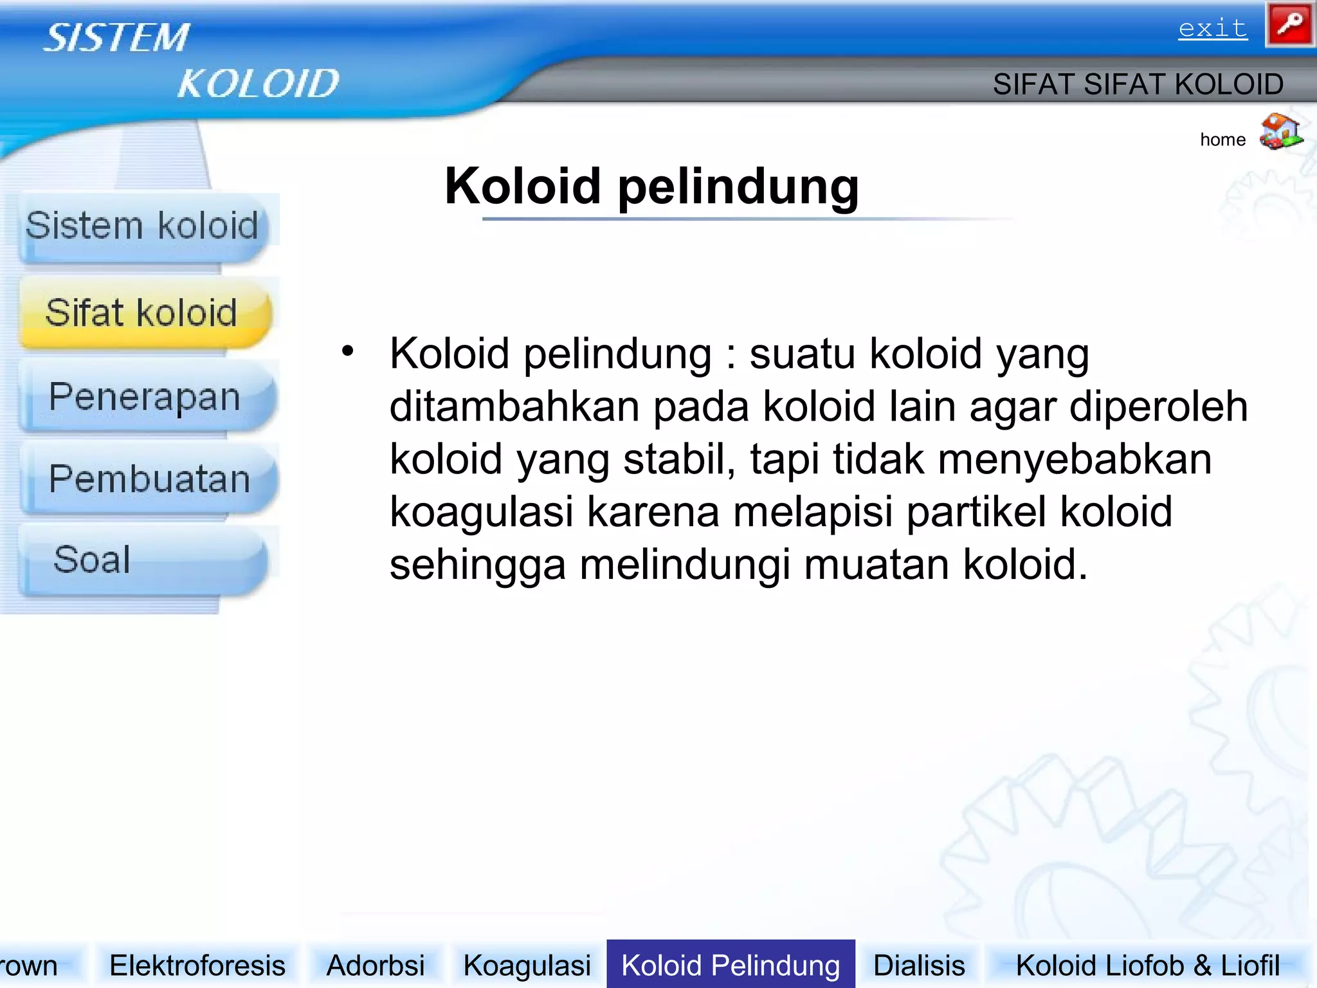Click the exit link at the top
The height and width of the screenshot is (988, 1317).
click(1212, 29)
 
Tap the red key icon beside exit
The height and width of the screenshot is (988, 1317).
click(1289, 24)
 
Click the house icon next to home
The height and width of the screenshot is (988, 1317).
click(1280, 132)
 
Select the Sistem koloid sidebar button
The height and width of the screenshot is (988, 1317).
click(142, 226)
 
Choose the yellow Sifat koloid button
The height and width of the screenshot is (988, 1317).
click(142, 313)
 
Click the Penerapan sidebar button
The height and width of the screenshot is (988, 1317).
click(145, 397)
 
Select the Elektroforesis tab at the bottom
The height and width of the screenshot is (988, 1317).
click(197, 965)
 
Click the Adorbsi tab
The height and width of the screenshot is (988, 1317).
click(376, 965)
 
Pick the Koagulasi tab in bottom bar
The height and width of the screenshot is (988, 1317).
click(527, 965)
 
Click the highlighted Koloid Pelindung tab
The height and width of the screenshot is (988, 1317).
click(731, 965)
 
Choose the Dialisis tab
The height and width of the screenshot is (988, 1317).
click(919, 965)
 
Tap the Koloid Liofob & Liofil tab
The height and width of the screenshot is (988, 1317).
click(1147, 965)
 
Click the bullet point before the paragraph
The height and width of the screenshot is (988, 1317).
click(348, 351)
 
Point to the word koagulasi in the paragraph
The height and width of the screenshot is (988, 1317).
click(481, 513)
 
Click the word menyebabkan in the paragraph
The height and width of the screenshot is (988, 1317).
click(1075, 460)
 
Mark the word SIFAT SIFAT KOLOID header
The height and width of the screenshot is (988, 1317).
click(1138, 84)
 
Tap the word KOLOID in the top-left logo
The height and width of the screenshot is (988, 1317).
click(258, 84)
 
